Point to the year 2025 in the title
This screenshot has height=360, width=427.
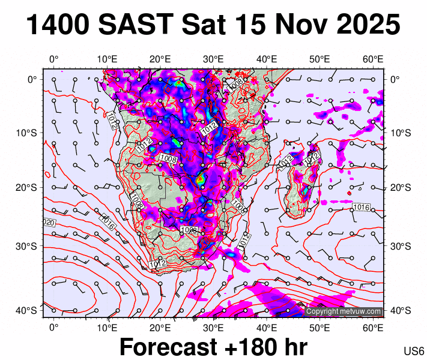(366, 25)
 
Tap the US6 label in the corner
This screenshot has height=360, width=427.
(414, 351)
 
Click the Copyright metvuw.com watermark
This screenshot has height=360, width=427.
(344, 311)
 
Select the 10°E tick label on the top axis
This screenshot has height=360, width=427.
(107, 59)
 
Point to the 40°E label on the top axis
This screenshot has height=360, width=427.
(267, 59)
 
